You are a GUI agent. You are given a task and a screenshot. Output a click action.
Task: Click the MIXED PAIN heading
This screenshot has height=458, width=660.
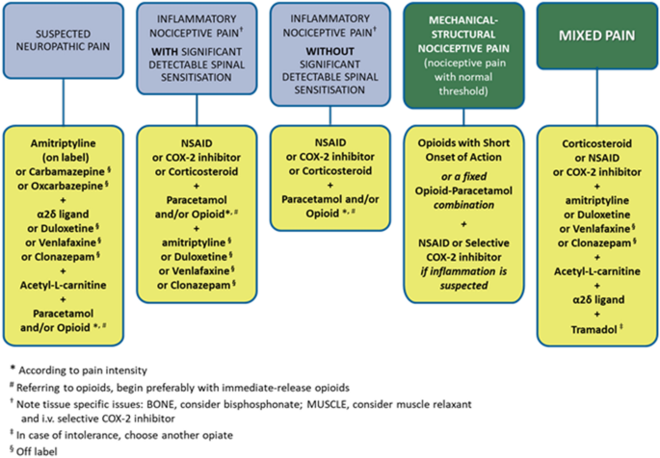point(596,36)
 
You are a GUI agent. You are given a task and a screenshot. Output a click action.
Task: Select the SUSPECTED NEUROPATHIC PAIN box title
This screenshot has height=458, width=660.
point(64,39)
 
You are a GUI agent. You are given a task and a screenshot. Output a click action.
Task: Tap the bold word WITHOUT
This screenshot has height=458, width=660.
point(330,52)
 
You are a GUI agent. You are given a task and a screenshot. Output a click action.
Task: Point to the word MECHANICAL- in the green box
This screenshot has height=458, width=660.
point(463,20)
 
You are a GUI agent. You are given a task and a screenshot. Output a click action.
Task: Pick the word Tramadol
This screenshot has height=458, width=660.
point(594,329)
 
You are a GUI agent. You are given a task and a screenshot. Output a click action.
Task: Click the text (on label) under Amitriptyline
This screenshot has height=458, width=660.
point(64,158)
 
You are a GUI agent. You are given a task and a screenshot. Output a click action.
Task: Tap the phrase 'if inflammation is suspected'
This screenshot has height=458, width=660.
point(463,278)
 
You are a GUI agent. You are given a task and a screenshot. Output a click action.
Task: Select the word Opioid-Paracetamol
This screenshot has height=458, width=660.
point(463,191)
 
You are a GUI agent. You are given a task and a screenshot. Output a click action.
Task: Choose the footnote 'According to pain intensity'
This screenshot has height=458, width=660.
point(83,370)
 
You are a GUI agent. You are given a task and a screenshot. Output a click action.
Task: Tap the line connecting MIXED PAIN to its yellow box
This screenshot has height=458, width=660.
point(596,97)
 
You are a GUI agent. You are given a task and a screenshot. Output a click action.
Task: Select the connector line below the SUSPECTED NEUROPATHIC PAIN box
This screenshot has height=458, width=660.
point(64,102)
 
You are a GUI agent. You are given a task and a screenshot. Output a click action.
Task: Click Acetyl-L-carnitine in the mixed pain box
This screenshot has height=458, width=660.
point(596,271)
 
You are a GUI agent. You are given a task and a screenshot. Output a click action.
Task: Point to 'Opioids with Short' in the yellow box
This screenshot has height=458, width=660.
point(463,142)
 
